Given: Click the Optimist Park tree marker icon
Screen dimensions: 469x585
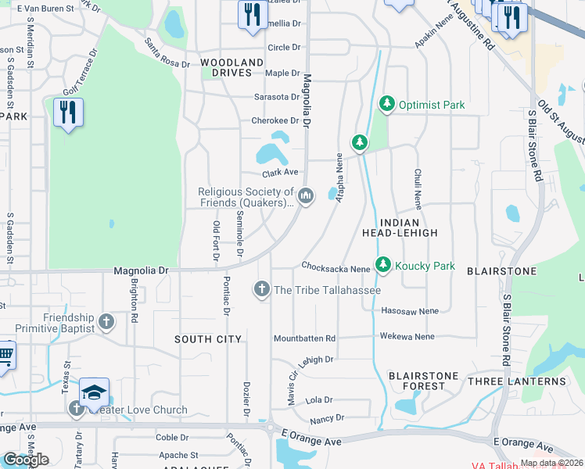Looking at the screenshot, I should pos(386,104).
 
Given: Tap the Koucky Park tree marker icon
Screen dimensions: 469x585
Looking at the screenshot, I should pos(382,266).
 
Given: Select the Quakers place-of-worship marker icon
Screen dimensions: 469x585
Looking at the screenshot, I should pos(306,195).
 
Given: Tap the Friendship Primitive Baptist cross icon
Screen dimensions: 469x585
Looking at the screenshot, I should pos(106,320).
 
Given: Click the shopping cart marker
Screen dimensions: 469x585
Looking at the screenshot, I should pos(5,354).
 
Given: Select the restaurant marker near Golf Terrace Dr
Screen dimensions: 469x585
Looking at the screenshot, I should pos(68,113).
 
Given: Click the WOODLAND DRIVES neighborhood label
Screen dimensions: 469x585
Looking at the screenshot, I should pos(231,67).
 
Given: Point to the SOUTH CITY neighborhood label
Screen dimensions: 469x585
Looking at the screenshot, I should pos(207,339).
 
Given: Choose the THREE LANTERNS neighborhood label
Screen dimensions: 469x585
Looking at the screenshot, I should pos(516,381).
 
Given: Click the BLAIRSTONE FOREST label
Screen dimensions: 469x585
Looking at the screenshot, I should pos(423,381).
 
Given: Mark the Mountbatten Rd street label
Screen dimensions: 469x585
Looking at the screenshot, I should pos(304,338).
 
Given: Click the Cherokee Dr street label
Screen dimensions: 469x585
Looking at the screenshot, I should pos(275,120).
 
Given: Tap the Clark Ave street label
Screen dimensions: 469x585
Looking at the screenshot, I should pos(280,172).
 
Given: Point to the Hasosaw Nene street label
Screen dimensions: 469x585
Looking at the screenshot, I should pos(410,310).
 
